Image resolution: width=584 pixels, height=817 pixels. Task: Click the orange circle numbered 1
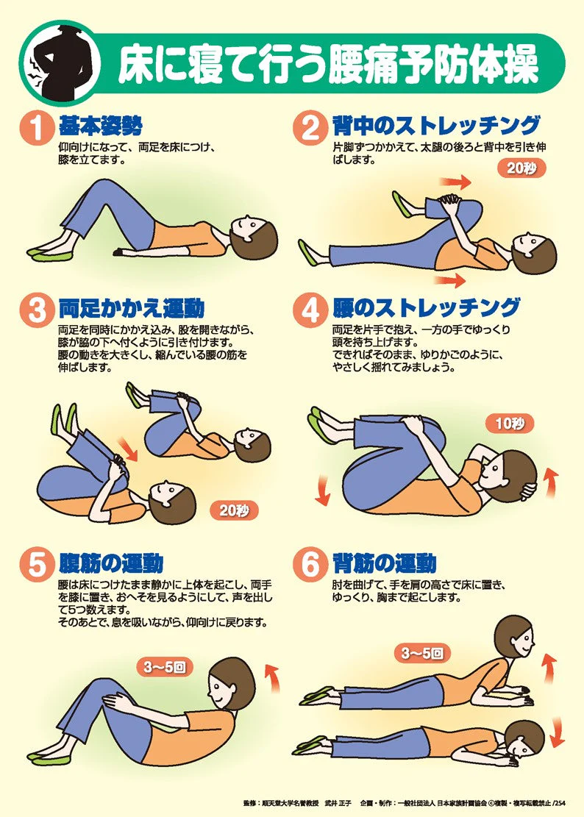coord(38,128)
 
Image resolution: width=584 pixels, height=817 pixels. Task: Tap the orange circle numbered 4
coord(310,310)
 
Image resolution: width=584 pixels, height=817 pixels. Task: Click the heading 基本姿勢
coord(101,126)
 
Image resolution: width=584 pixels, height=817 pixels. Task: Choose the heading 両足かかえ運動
coord(131,308)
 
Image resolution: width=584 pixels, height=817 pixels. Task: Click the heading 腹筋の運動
coord(111,563)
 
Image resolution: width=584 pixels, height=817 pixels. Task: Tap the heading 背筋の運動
coord(385,563)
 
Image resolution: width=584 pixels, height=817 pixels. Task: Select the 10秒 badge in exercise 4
coord(510,424)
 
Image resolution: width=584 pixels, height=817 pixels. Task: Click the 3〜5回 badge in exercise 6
coord(422,653)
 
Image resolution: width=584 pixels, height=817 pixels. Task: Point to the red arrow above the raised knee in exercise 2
coord(455,182)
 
